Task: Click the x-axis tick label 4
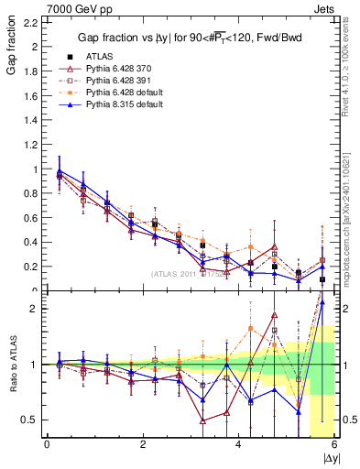coord(239,445)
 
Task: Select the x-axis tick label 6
coord(335,445)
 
